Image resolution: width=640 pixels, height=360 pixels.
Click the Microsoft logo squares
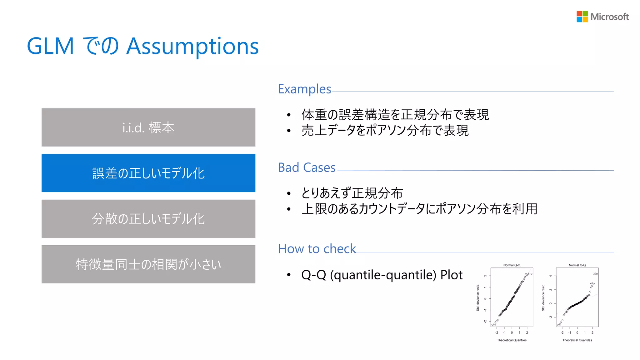582,17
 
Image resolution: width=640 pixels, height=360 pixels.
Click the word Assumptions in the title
192,46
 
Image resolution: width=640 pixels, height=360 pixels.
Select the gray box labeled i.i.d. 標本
148,127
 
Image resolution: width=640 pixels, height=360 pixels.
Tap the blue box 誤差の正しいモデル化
148,173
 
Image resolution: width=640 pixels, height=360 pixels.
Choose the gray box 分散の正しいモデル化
148,219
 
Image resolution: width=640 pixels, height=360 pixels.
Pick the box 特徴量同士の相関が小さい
148,264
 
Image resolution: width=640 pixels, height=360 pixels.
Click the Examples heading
304,89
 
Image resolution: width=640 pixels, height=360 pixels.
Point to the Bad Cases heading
307,168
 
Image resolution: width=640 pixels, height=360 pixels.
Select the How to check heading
317,249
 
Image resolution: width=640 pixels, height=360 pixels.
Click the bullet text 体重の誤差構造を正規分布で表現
395,115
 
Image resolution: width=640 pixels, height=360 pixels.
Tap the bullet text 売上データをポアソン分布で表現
385,130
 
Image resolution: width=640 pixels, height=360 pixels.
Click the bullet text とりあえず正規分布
352,193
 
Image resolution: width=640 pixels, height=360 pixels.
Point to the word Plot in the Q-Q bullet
451,275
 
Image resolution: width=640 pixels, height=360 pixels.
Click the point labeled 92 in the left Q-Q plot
492,325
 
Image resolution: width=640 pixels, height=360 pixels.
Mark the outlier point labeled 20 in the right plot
597,274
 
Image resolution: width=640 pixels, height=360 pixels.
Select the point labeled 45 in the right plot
593,284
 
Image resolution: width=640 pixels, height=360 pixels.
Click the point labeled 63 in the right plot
557,325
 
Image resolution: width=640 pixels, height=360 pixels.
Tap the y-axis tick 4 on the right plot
551,276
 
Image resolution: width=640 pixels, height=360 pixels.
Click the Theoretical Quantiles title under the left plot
512,340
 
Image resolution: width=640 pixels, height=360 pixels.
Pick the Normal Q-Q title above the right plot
577,265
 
